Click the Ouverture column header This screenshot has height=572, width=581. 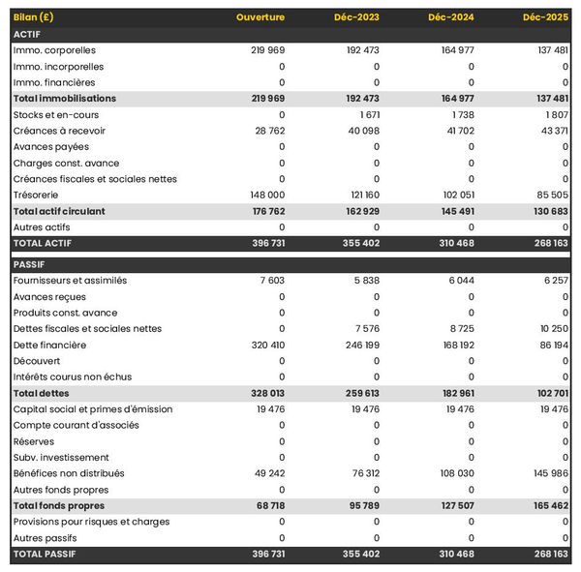[x=260, y=17]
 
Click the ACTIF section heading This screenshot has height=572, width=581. [x=27, y=34]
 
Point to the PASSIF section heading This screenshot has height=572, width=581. [x=30, y=264]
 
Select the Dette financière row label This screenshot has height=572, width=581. [x=49, y=345]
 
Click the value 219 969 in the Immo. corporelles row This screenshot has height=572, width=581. [x=262, y=50]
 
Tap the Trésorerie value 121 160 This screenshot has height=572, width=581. [x=358, y=195]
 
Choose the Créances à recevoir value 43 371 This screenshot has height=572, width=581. [x=549, y=131]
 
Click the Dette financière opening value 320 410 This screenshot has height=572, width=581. [x=262, y=345]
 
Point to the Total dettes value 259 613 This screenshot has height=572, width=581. [x=357, y=393]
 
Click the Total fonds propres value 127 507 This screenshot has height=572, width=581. [x=452, y=505]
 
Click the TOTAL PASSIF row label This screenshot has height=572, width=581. [x=45, y=554]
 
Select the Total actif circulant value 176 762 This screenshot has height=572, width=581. [x=262, y=211]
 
